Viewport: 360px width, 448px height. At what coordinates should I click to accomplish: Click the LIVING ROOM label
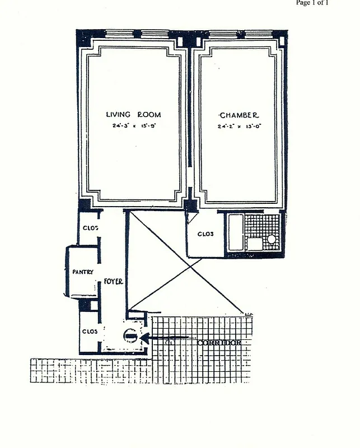133,115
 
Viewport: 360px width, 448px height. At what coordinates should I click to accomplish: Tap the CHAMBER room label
239,115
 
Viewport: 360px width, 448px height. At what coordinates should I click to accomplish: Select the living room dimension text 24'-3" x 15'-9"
133,126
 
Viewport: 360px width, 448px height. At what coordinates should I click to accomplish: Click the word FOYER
113,281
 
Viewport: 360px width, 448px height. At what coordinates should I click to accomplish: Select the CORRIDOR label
219,342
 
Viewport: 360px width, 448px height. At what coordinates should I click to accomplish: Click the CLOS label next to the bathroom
205,234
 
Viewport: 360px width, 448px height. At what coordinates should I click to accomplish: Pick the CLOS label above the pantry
91,228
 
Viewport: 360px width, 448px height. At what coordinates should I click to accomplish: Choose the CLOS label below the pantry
90,331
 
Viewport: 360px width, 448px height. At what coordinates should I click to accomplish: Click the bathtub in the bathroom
235,232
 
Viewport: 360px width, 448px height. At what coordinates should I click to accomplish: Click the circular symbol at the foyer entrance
130,337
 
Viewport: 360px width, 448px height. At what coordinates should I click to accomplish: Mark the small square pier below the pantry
85,305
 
